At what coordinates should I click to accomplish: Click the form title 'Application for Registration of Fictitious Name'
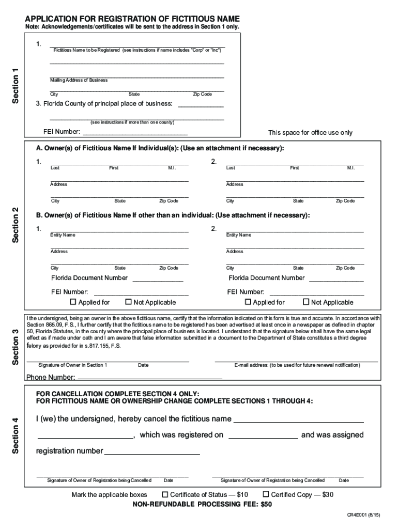tap(132, 19)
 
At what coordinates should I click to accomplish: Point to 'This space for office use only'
tap(310, 133)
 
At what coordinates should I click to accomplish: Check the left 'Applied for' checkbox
tap(73, 302)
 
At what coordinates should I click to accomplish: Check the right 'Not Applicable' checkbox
tap(305, 302)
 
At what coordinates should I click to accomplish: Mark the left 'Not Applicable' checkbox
tap(129, 302)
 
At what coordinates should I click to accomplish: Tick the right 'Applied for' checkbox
tap(248, 302)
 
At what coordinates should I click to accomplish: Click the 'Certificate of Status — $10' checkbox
tap(165, 494)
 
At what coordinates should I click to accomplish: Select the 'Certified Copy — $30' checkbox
tap(266, 494)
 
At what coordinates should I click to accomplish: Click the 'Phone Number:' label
tap(51, 377)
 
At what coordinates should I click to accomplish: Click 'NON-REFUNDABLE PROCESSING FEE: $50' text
tap(202, 504)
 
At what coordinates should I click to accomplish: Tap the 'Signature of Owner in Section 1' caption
tap(73, 365)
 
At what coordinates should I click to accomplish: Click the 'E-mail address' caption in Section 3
tap(297, 365)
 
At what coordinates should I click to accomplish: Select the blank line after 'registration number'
tap(152, 452)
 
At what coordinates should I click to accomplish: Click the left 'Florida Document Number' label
tap(89, 278)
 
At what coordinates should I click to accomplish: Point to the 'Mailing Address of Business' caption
tap(79, 80)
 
